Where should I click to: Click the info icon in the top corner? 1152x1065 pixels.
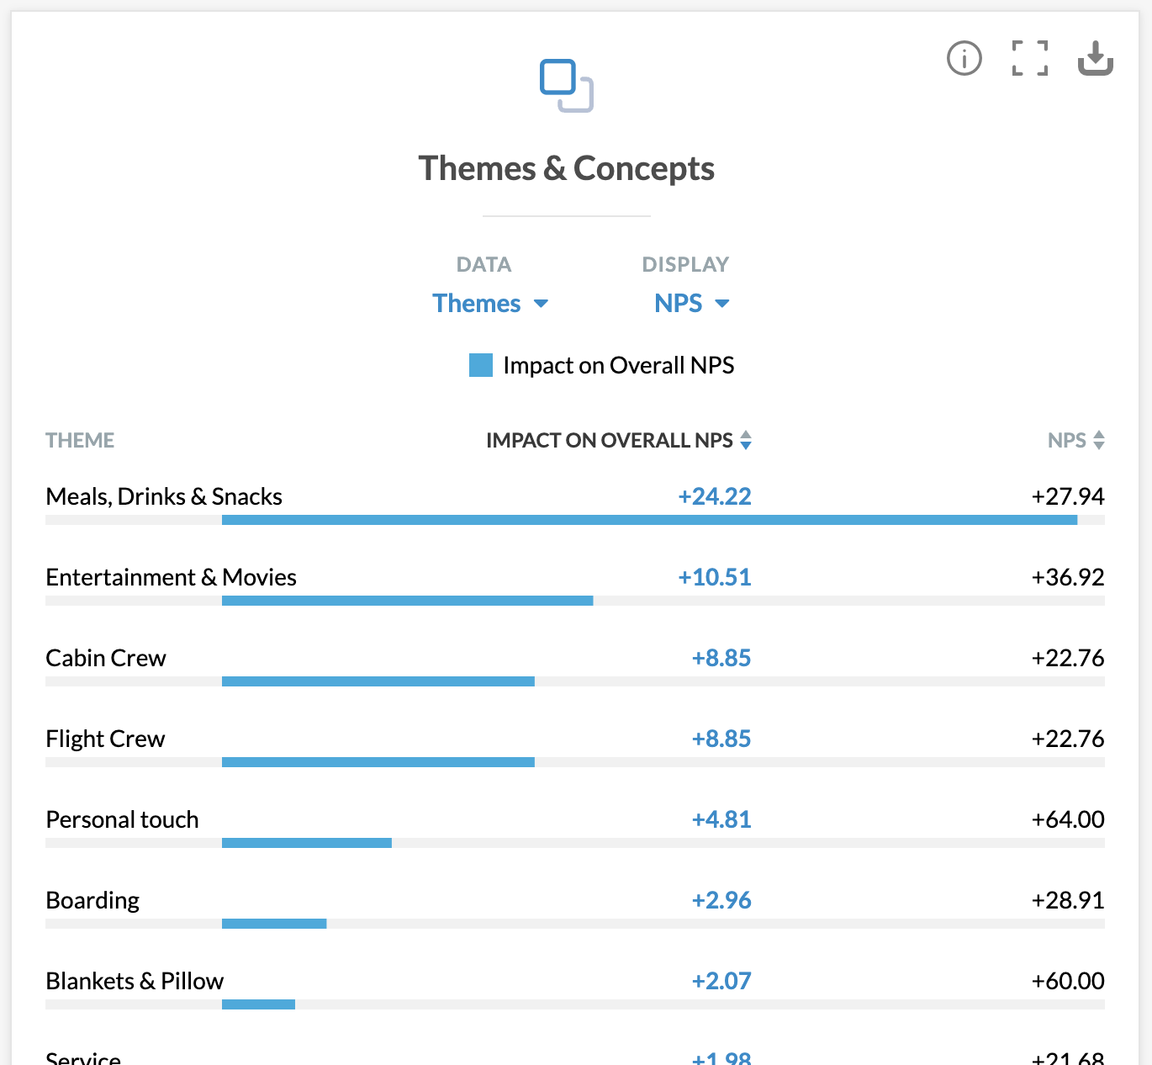964,59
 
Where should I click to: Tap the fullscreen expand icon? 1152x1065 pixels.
1029,59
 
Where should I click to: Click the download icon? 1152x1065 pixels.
1095,59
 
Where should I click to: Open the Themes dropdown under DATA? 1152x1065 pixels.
489,304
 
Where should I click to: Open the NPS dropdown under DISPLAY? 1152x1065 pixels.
691,304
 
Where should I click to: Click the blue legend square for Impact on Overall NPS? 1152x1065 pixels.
481,365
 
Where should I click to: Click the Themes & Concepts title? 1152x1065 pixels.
567,169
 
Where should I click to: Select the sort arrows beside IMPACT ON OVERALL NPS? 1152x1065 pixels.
746,440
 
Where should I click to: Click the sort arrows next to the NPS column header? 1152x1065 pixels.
1098,440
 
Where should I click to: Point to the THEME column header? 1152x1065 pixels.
80,441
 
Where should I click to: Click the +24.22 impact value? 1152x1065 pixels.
715,496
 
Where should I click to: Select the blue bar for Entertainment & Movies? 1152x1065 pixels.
407,601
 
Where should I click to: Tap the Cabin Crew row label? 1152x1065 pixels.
106,658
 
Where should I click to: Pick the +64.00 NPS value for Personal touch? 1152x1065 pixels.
1068,819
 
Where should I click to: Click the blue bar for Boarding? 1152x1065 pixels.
274,924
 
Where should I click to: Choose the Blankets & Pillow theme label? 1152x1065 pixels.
135,981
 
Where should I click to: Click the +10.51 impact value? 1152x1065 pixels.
715,577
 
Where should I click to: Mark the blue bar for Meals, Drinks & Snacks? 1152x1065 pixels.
649,520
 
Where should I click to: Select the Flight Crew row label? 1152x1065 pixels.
105,739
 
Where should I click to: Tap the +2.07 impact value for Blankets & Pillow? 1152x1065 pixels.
721,981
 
